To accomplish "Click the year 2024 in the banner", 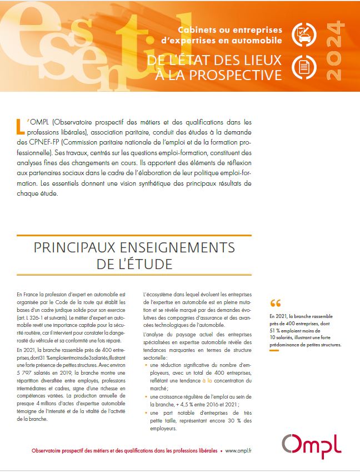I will tap(337, 51).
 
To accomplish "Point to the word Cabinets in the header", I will tap(198, 29).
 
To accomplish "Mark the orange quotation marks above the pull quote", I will tap(275, 304).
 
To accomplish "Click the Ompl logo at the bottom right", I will tap(311, 446).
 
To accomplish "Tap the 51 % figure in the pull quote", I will tap(275, 332).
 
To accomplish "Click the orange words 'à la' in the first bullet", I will tap(207, 380).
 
